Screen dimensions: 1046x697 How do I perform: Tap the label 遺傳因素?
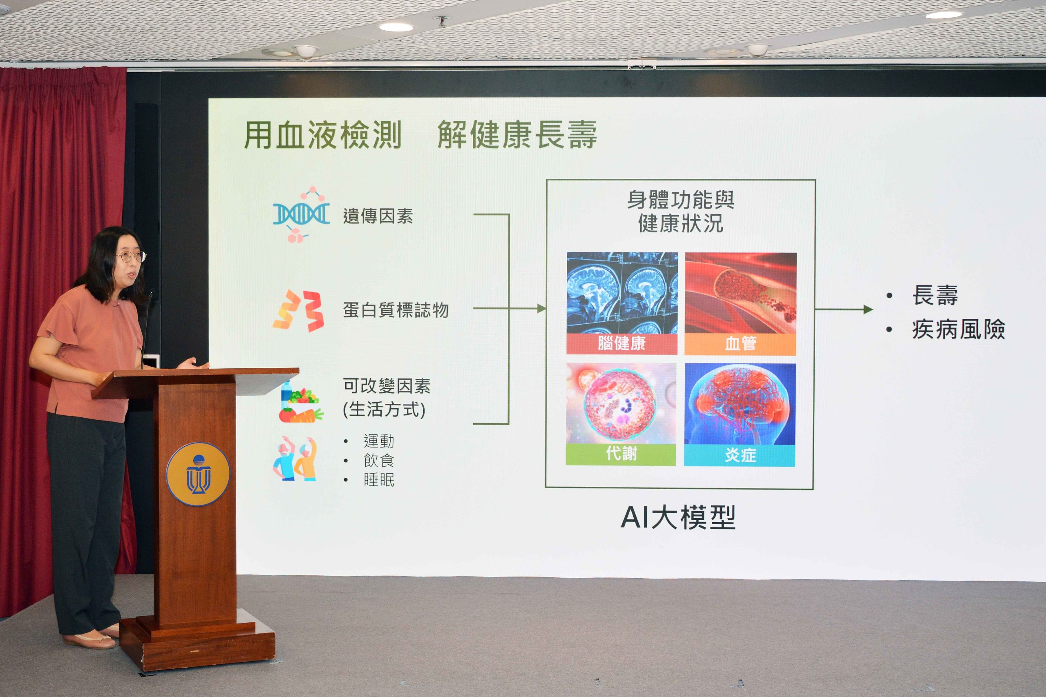click(378, 216)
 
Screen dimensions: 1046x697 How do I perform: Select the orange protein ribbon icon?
click(298, 310)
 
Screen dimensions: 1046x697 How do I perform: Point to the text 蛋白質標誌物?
click(396, 310)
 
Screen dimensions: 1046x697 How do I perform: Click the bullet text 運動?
click(379, 441)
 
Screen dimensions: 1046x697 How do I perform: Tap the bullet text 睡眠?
click(379, 480)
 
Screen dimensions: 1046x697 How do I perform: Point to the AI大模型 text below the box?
click(678, 517)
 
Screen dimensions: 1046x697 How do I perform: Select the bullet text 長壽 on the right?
click(935, 295)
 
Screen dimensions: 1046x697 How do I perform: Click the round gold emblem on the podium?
click(198, 474)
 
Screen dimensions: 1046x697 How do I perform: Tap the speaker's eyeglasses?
click(131, 256)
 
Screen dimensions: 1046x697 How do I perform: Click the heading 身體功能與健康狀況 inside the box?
click(680, 212)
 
